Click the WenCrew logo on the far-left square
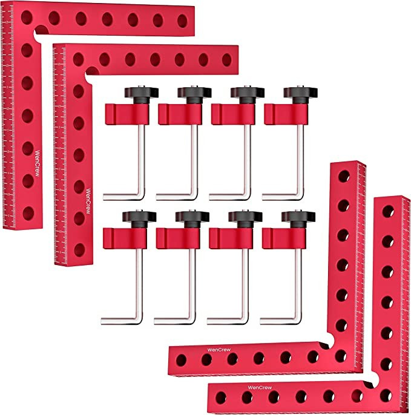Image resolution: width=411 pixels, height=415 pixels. pyautogui.click(x=38, y=161)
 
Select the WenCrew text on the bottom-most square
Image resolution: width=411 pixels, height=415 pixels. pyautogui.click(x=261, y=387)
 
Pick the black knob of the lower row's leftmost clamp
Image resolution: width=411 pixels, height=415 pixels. pyautogui.click(x=139, y=216)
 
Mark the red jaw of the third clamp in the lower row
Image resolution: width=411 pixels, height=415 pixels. pyautogui.click(x=227, y=237)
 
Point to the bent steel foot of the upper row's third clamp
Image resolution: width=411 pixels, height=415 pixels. pyautogui.click(x=233, y=195)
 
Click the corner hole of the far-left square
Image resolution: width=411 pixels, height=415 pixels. pyautogui.click(x=26, y=18)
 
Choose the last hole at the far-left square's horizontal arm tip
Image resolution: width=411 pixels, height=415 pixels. pyautogui.click(x=182, y=20)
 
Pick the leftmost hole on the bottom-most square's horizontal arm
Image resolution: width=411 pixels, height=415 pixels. pyautogui.click(x=221, y=397)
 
